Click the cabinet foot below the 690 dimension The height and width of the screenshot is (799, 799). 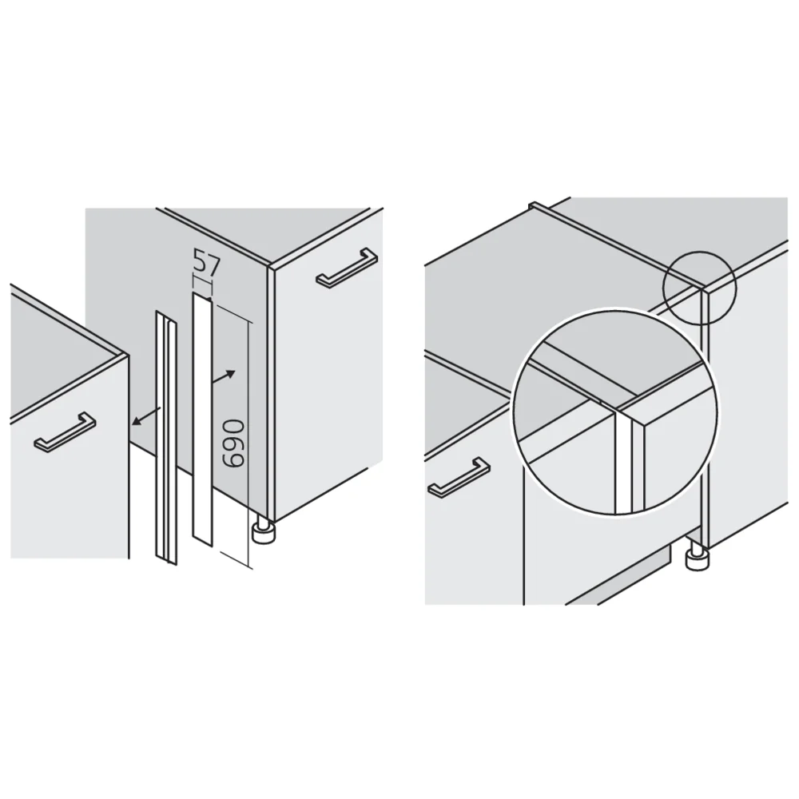(x=261, y=531)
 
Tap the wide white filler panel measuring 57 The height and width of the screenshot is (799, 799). (x=203, y=419)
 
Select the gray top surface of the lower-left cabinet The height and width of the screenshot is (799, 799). (x=56, y=352)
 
